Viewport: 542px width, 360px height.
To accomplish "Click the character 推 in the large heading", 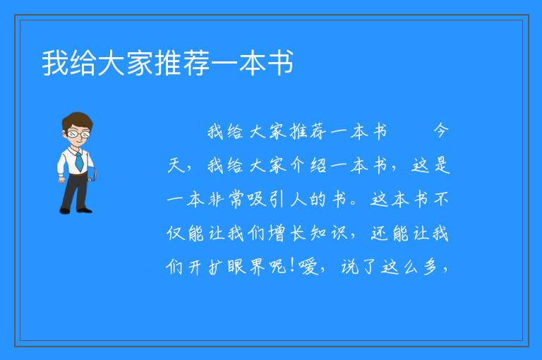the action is coord(169,63).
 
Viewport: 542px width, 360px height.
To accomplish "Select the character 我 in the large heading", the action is coord(55,63).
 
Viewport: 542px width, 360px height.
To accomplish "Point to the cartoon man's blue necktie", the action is coord(79,161).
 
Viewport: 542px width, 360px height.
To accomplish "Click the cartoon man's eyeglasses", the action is coord(78,133).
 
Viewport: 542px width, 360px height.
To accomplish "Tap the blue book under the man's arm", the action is coord(92,174).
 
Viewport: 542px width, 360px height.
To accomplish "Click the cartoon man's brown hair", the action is coord(78,120).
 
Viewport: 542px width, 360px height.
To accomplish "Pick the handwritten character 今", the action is coord(440,131).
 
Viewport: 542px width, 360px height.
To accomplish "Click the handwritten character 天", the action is coord(176,165).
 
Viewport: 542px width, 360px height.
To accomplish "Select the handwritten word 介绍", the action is coord(308,165).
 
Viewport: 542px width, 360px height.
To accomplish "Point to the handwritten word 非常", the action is coord(227,200).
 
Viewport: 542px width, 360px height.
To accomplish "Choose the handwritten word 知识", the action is coord(328,233).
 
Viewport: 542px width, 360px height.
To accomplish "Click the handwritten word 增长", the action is coord(288,233).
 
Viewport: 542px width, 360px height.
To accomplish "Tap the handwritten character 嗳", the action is coord(308,267).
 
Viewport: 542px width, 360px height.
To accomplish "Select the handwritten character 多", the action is coord(430,267).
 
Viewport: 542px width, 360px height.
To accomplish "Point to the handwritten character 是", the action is coord(442,165).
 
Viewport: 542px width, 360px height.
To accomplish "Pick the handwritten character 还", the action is coord(379,233).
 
